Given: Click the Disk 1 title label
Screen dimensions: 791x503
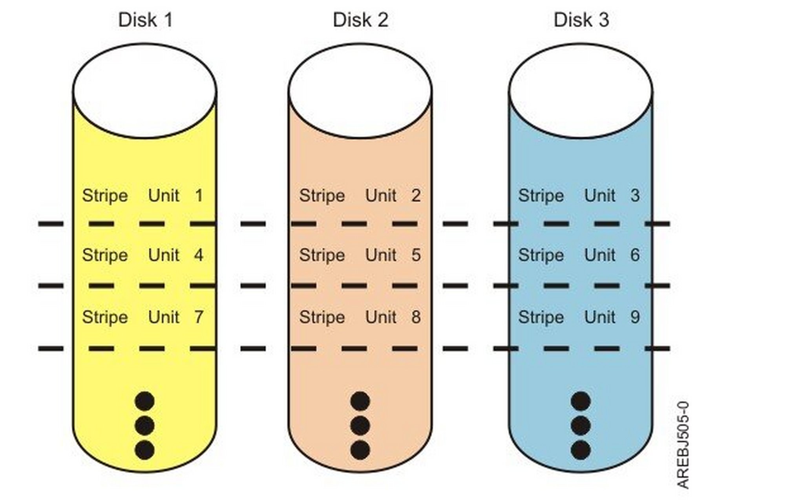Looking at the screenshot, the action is tap(146, 20).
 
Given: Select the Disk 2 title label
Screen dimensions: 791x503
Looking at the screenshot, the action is tap(361, 20).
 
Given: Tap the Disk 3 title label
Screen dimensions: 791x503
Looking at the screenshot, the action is tap(581, 20).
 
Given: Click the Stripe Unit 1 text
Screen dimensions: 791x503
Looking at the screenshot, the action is tap(143, 196).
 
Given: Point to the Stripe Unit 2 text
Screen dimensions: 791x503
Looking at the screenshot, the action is tap(360, 196).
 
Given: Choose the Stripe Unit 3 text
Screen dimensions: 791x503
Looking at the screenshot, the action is tap(579, 196).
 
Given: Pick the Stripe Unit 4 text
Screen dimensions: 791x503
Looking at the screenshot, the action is tap(143, 255).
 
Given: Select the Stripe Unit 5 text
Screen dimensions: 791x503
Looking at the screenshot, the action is tap(360, 255).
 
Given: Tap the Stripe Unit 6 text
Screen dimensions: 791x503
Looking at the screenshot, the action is tap(579, 255).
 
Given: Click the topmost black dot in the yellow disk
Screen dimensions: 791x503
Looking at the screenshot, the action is tap(144, 401).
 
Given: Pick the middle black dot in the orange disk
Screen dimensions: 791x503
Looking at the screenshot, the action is tap(360, 426).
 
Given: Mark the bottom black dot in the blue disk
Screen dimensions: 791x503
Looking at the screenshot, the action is tap(581, 450).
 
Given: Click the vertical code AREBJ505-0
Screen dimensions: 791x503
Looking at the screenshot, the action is tap(683, 445).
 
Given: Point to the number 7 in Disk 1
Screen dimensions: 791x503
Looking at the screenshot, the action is tap(199, 317).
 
